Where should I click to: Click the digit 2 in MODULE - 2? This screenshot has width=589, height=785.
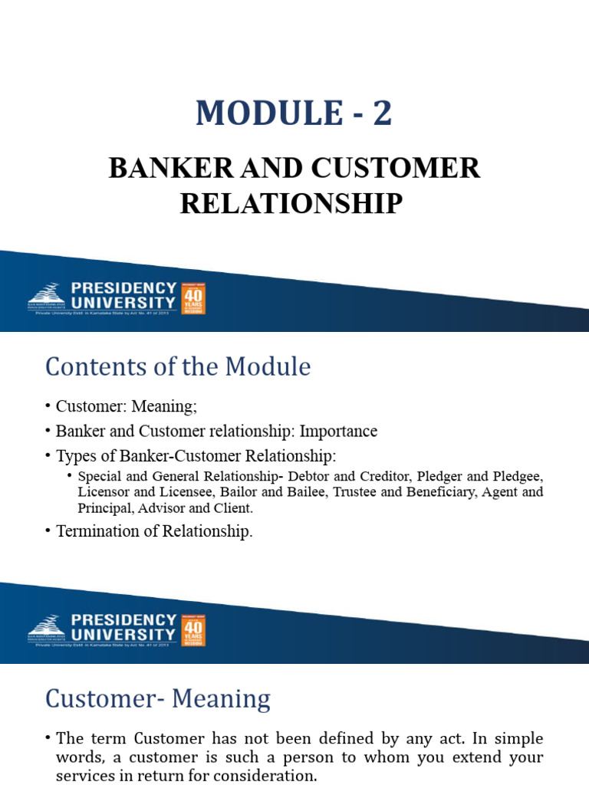point(382,113)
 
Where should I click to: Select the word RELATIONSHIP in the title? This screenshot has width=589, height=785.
point(291,203)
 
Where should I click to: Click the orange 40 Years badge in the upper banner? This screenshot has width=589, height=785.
point(192,297)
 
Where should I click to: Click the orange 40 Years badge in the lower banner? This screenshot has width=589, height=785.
point(192,629)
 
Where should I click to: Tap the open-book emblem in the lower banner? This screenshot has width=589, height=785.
point(47,624)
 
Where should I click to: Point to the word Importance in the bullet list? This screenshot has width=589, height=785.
point(338,431)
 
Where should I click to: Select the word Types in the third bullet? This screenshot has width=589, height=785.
point(75,456)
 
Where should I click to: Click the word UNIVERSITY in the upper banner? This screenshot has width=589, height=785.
point(123,303)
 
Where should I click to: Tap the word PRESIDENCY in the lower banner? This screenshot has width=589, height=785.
point(123,619)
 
